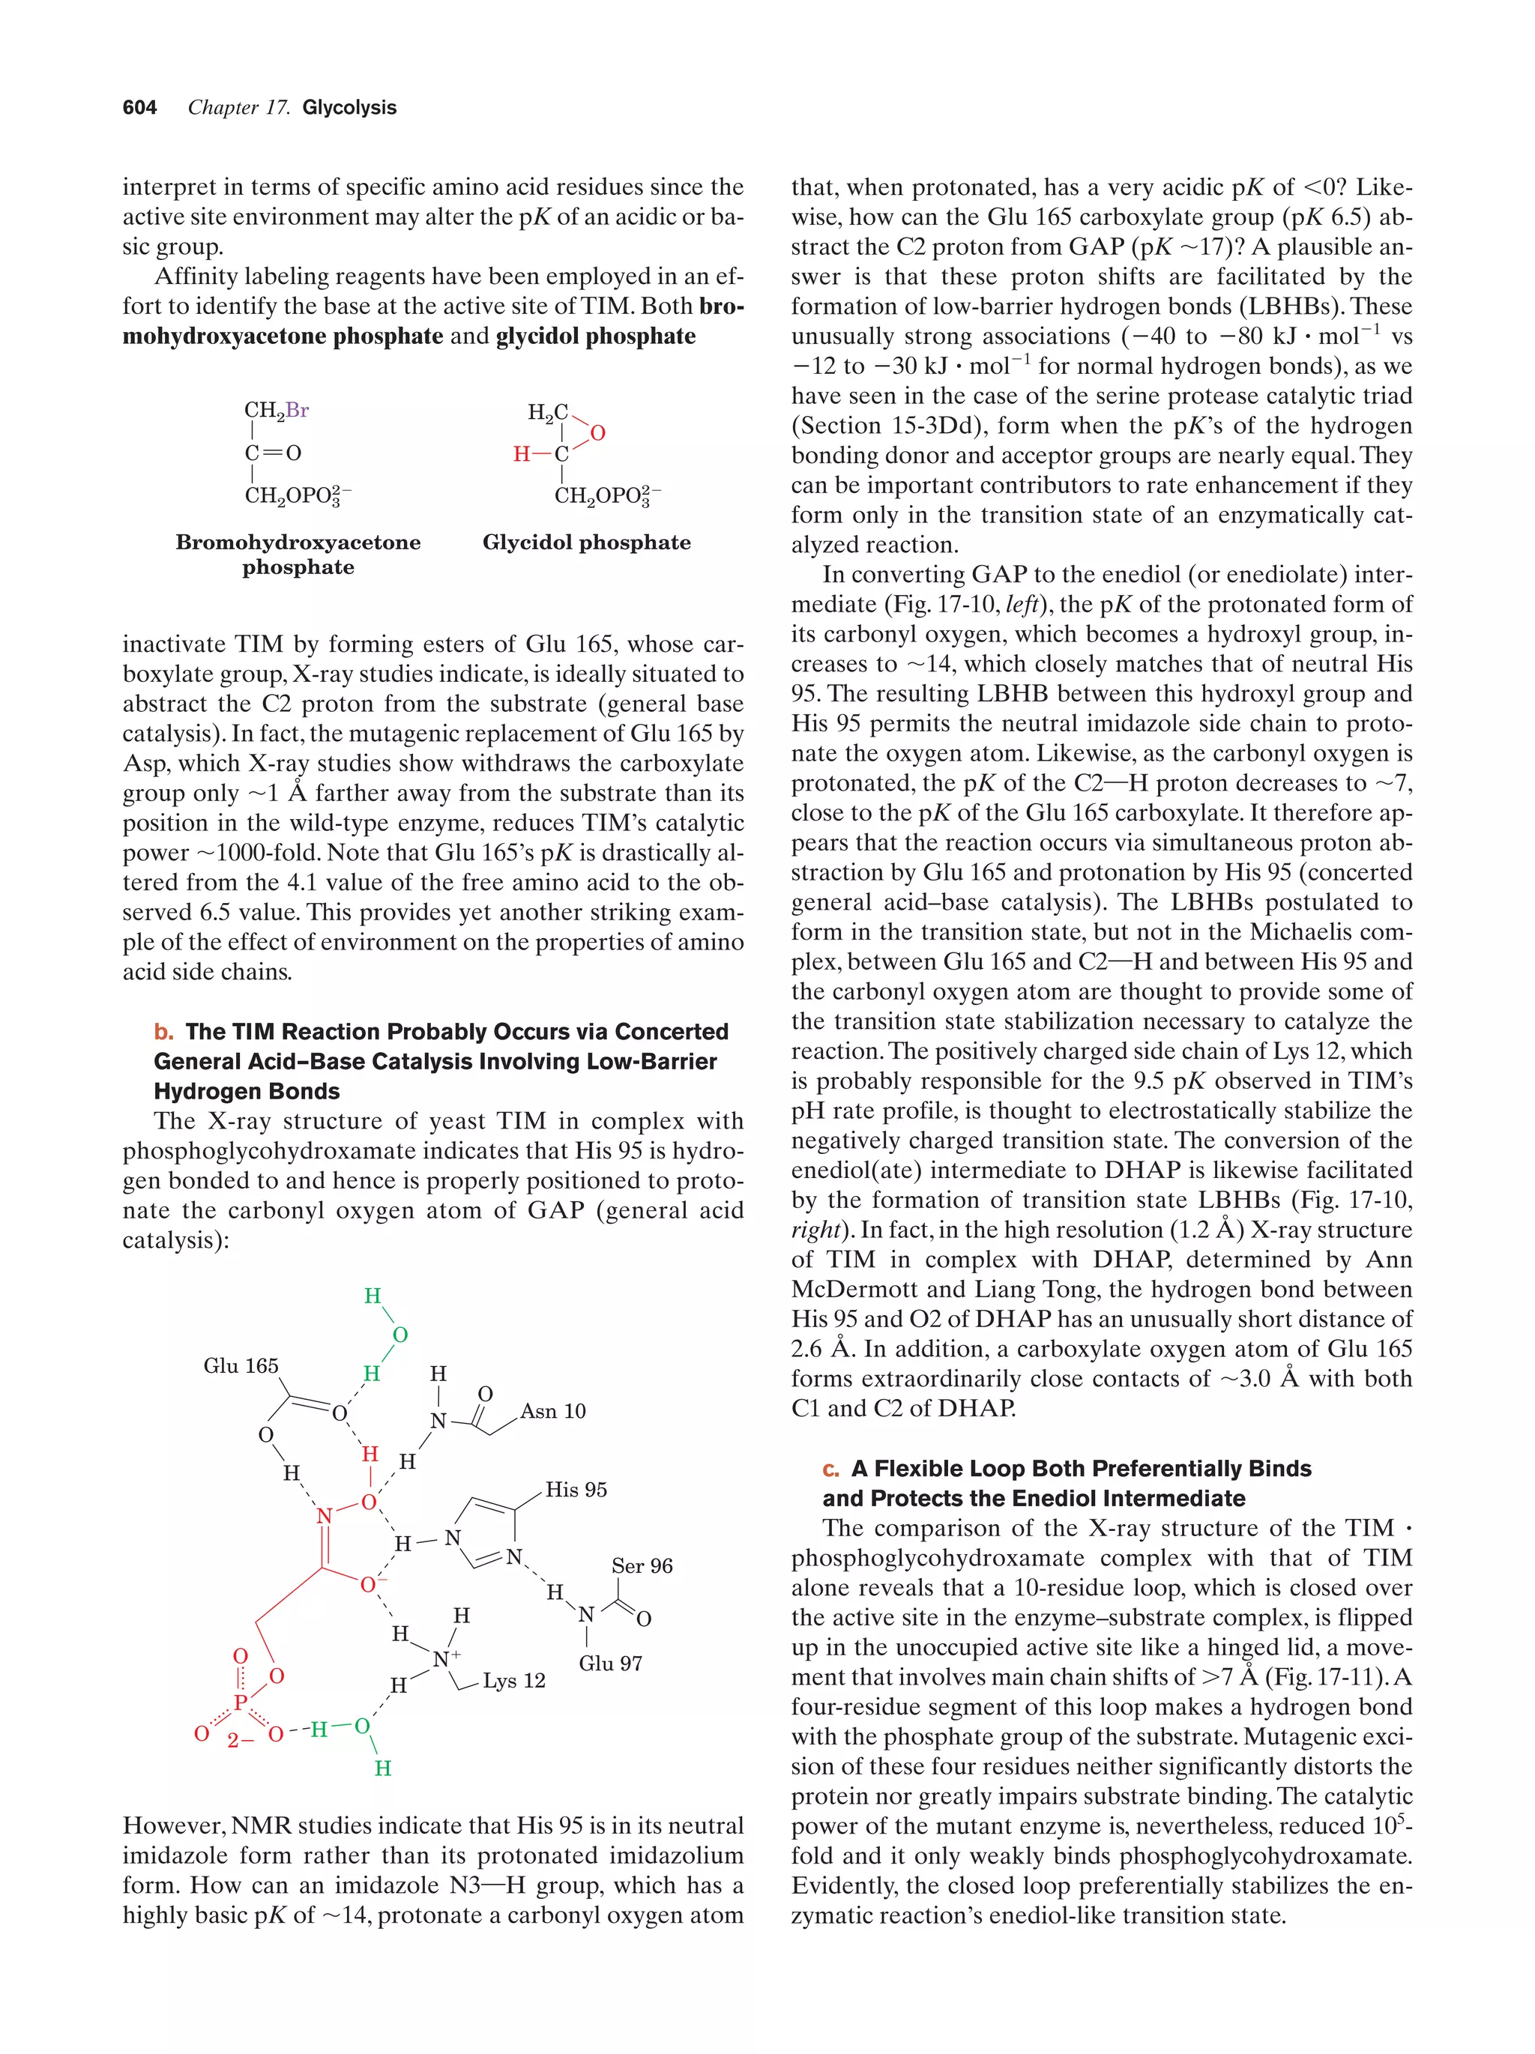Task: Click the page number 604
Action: pyautogui.click(x=139, y=108)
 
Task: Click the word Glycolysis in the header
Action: pyautogui.click(x=349, y=108)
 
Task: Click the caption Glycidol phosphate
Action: pyautogui.click(x=586, y=543)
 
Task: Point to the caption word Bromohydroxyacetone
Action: pyautogui.click(x=297, y=543)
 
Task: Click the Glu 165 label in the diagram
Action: pyautogui.click(x=241, y=1365)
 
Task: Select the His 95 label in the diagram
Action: pyautogui.click(x=576, y=1490)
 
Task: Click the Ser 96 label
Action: pyautogui.click(x=642, y=1565)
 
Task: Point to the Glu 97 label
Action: pyautogui.click(x=610, y=1663)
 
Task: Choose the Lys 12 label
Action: pyautogui.click(x=513, y=1681)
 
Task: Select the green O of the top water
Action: pyautogui.click(x=400, y=1335)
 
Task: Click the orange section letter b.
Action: pyautogui.click(x=163, y=1032)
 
